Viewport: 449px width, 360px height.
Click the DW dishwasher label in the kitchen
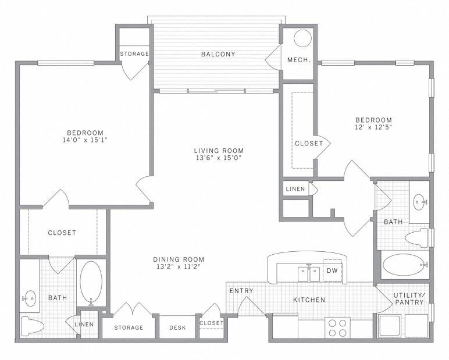[332, 270]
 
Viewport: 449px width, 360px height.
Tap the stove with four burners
[337, 327]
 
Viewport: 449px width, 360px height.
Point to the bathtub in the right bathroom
[403, 265]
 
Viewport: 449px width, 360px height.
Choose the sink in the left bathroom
[30, 298]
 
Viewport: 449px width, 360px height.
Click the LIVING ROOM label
[219, 151]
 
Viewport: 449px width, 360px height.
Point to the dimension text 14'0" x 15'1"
[85, 140]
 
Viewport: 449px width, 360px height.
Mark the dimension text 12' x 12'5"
[373, 128]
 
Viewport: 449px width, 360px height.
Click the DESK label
[177, 327]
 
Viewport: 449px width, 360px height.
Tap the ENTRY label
[241, 291]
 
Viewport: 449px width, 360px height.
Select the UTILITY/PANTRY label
[409, 299]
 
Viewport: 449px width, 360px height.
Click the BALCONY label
[218, 54]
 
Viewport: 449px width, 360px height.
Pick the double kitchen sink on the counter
[308, 273]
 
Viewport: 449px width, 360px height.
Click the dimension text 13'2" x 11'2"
[179, 268]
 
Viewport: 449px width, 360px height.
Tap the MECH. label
[298, 60]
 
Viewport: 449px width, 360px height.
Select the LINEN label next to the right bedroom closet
[295, 189]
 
